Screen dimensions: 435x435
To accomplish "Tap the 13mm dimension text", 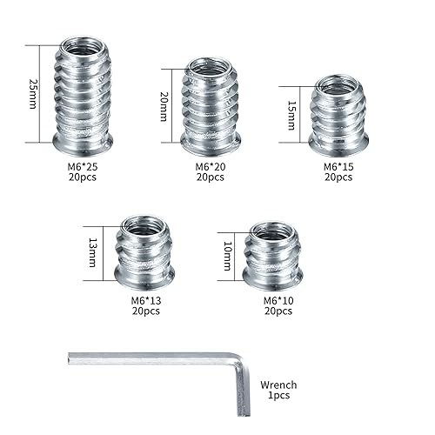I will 105,248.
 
